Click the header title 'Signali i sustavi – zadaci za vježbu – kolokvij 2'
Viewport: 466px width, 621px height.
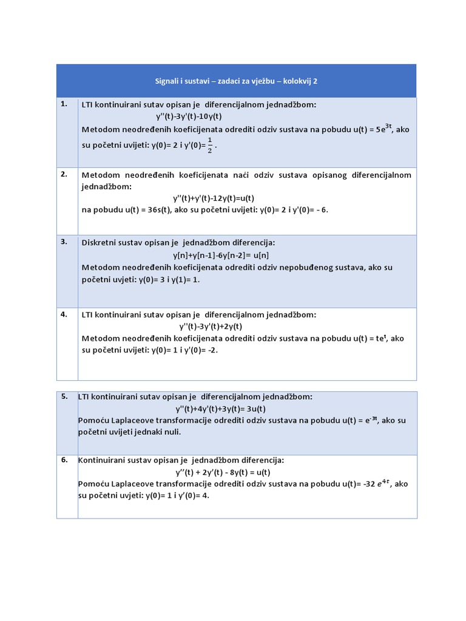pyautogui.click(x=236, y=81)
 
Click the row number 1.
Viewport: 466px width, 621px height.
pyautogui.click(x=64, y=104)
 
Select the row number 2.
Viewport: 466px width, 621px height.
pyautogui.click(x=64, y=174)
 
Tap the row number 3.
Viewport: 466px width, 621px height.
pyautogui.click(x=64, y=241)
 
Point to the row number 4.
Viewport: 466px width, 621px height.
pyautogui.click(x=64, y=314)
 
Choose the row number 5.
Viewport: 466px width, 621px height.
pyautogui.click(x=64, y=396)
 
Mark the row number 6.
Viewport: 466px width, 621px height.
pyautogui.click(x=64, y=460)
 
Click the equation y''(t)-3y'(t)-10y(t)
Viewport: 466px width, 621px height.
pyautogui.click(x=189, y=116)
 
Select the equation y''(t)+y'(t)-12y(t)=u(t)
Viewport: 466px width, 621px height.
pyautogui.click(x=214, y=198)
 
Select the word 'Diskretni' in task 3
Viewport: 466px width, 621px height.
pyautogui.click(x=100, y=243)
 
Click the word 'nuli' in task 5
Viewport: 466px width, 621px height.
pyautogui.click(x=172, y=432)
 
